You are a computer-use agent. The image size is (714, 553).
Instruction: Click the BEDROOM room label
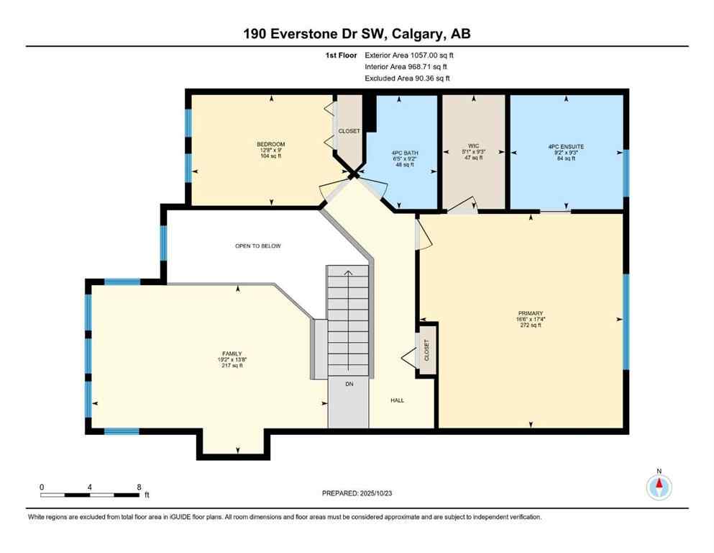tap(271, 144)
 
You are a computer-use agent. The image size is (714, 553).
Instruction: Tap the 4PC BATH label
tap(405, 153)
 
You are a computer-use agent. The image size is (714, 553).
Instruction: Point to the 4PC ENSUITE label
tap(566, 146)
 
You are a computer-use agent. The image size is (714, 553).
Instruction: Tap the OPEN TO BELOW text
tap(257, 246)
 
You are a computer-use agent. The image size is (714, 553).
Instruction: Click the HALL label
tap(398, 400)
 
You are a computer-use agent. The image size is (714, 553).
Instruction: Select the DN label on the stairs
tap(349, 385)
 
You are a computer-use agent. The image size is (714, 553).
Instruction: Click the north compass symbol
tap(659, 487)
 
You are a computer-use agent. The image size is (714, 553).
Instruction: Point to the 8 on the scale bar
tap(138, 487)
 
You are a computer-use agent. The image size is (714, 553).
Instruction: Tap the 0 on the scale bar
tap(42, 487)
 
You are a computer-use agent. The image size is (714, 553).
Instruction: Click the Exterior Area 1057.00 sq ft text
tap(409, 55)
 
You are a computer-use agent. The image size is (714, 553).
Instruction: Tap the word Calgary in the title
tap(426, 34)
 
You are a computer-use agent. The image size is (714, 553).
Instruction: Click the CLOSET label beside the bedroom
tap(349, 131)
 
